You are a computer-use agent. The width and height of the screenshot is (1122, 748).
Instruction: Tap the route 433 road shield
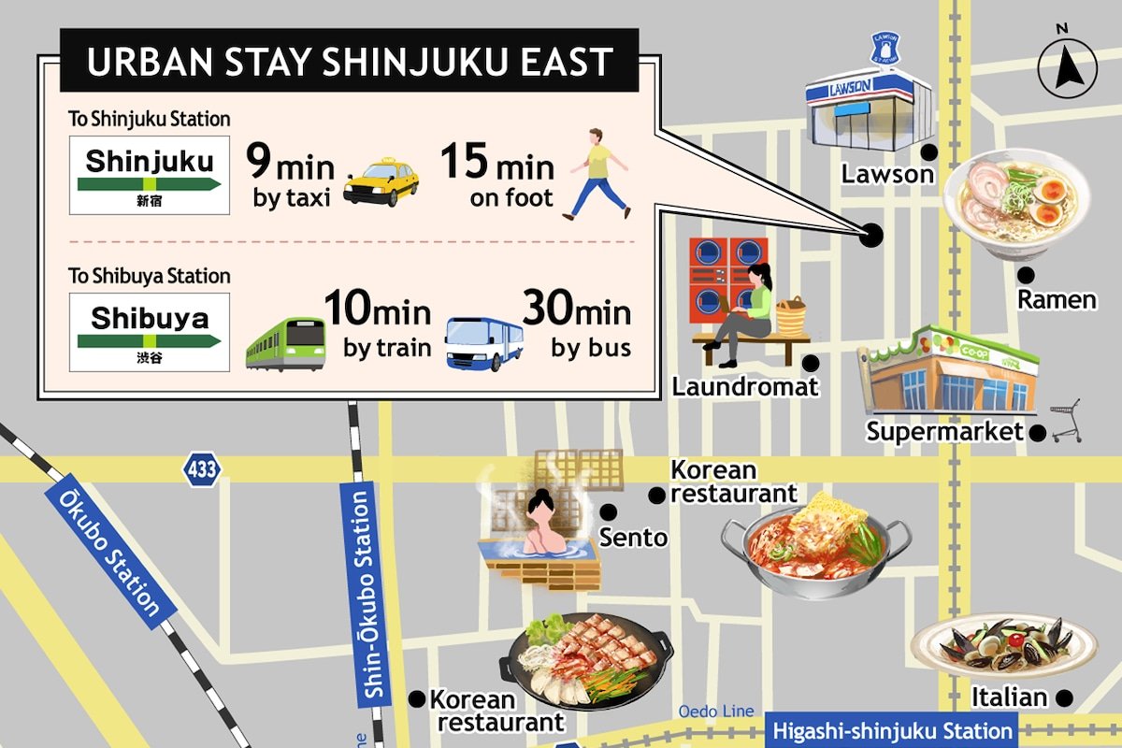tap(201, 468)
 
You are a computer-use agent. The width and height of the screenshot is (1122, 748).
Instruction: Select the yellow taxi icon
tap(381, 182)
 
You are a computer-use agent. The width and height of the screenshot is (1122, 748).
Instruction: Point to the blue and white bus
tap(483, 343)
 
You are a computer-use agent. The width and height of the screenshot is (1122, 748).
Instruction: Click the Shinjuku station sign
tap(150, 175)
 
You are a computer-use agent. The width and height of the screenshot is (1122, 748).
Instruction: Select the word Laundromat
tap(743, 386)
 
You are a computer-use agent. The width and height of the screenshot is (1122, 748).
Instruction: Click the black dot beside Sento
tap(608, 511)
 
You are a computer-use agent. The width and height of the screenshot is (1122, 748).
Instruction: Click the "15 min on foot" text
tap(496, 178)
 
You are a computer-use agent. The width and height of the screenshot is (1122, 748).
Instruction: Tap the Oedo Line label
tap(715, 711)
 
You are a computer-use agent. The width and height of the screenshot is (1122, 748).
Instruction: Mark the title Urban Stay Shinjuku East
tap(349, 62)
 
